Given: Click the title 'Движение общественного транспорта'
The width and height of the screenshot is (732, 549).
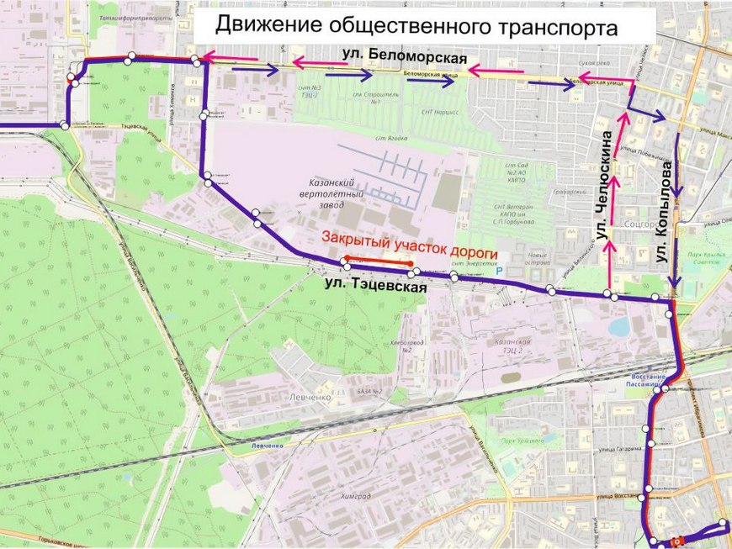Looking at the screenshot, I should [416, 25].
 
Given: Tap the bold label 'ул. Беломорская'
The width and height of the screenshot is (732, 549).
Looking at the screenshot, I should [405, 57].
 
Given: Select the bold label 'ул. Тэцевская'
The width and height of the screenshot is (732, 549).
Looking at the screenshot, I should [376, 286].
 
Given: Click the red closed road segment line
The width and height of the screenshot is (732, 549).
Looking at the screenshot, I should [378, 260].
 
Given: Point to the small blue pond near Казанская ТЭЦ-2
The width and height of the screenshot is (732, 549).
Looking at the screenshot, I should [619, 326].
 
